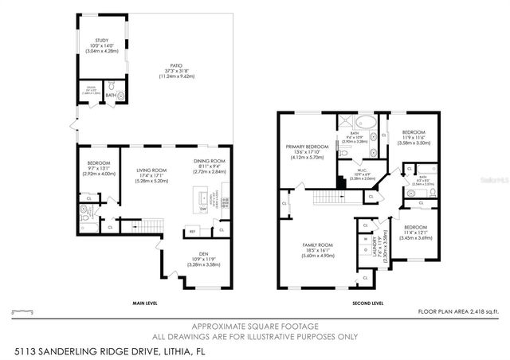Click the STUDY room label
[101, 40]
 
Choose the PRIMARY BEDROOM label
[306, 147]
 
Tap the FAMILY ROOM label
[316, 245]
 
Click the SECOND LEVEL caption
[368, 303]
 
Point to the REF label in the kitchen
[192, 232]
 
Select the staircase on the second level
[328, 198]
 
